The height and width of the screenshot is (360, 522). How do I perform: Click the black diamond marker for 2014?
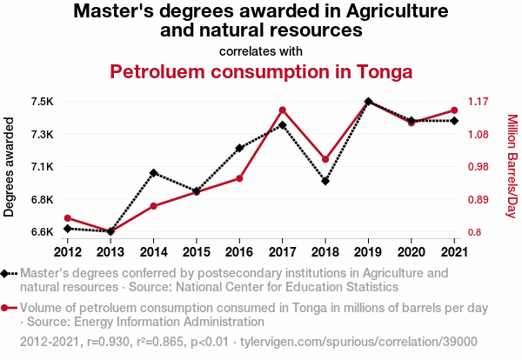click(x=153, y=173)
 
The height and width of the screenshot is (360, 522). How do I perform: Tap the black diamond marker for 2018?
click(x=325, y=181)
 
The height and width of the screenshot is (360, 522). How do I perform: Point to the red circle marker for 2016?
click(x=239, y=178)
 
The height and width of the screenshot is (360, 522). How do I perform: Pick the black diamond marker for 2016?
click(x=239, y=148)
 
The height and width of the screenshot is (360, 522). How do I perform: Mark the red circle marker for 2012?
click(x=67, y=218)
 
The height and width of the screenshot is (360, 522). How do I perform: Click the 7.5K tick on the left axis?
click(x=42, y=102)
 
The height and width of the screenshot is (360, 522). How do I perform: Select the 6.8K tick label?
click(x=42, y=200)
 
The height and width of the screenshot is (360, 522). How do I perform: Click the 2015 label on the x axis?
click(x=197, y=252)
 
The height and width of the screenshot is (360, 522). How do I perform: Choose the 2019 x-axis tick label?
click(x=368, y=252)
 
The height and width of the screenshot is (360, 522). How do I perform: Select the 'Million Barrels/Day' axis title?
click(x=512, y=166)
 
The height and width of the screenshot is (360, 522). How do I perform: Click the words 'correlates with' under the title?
click(x=261, y=50)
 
